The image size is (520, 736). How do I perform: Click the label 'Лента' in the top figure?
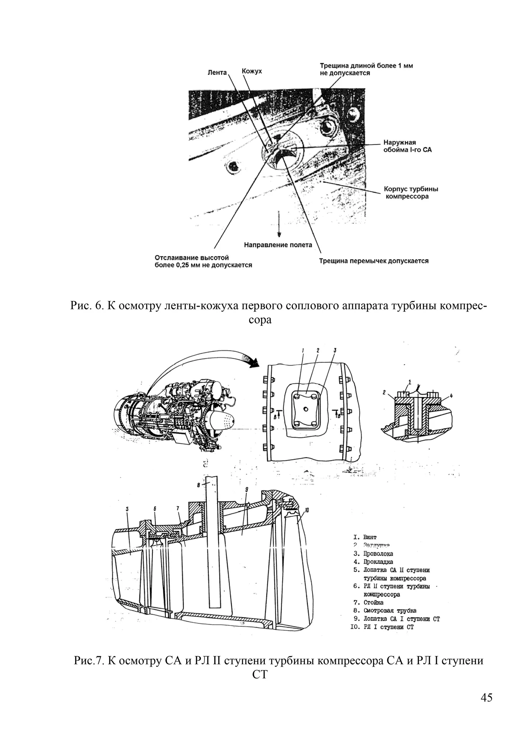(x=217, y=72)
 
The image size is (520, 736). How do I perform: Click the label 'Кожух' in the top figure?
(x=252, y=71)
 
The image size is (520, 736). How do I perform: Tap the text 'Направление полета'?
(x=278, y=245)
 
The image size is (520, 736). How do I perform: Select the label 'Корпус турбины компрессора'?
(x=411, y=193)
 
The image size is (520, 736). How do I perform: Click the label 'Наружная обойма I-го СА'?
(x=407, y=146)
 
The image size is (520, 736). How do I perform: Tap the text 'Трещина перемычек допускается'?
(x=374, y=261)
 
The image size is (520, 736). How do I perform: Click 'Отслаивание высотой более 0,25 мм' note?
(x=203, y=261)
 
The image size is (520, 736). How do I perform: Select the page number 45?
(x=486, y=697)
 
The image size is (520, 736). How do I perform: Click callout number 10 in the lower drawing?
(x=307, y=511)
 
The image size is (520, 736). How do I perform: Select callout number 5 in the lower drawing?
(x=127, y=509)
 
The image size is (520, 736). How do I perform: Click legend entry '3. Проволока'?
(x=373, y=554)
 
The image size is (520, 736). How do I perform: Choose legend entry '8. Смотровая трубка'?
(x=385, y=610)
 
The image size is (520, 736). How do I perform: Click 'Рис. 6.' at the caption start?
(x=87, y=306)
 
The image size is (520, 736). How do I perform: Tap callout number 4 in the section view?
(x=451, y=396)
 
